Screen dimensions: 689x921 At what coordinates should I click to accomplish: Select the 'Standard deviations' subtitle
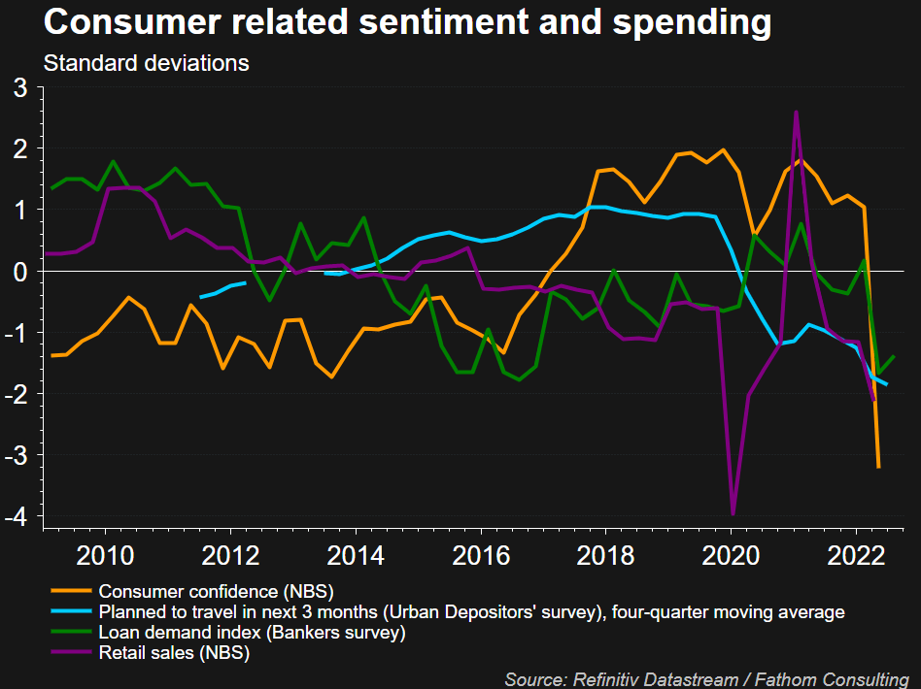147,64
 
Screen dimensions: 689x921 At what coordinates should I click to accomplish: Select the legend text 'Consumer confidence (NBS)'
223,591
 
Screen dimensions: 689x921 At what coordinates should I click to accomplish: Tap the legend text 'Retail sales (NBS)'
175,653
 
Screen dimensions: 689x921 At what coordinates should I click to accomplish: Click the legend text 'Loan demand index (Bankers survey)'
252,633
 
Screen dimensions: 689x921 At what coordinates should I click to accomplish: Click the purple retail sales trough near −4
733,513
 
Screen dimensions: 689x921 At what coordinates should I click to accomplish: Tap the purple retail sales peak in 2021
797,112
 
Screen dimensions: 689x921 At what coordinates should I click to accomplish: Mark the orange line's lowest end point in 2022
878,467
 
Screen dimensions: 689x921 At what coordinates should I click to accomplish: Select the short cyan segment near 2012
222,289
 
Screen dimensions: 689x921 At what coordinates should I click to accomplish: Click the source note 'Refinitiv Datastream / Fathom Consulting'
707,678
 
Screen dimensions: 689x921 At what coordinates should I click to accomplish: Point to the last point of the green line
894,357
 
